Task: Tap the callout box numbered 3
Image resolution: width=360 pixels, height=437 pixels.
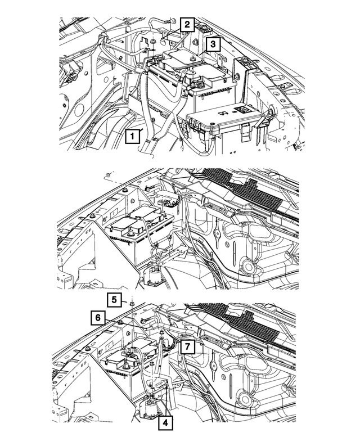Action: pyautogui.click(x=212, y=44)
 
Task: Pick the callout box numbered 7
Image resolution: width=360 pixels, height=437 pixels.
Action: pyautogui.click(x=187, y=346)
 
